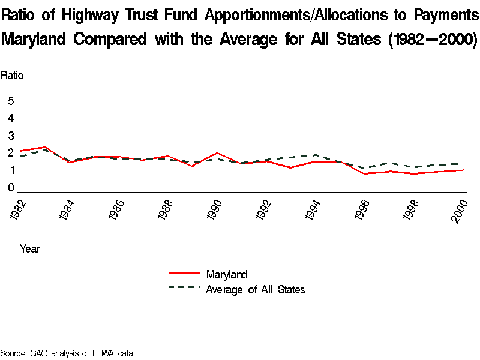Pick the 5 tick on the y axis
tap(11, 101)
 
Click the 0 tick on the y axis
tap(11, 188)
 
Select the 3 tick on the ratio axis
tap(11, 136)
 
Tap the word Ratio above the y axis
tap(12, 76)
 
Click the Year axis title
tap(30, 248)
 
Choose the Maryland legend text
tap(226, 275)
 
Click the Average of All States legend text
tap(256, 290)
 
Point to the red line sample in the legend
tap(184, 274)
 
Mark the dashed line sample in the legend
tap(184, 287)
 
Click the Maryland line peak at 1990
tap(216, 153)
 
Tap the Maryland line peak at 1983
tap(44, 146)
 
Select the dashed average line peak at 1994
tap(314, 155)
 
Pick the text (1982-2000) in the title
tap(432, 40)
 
